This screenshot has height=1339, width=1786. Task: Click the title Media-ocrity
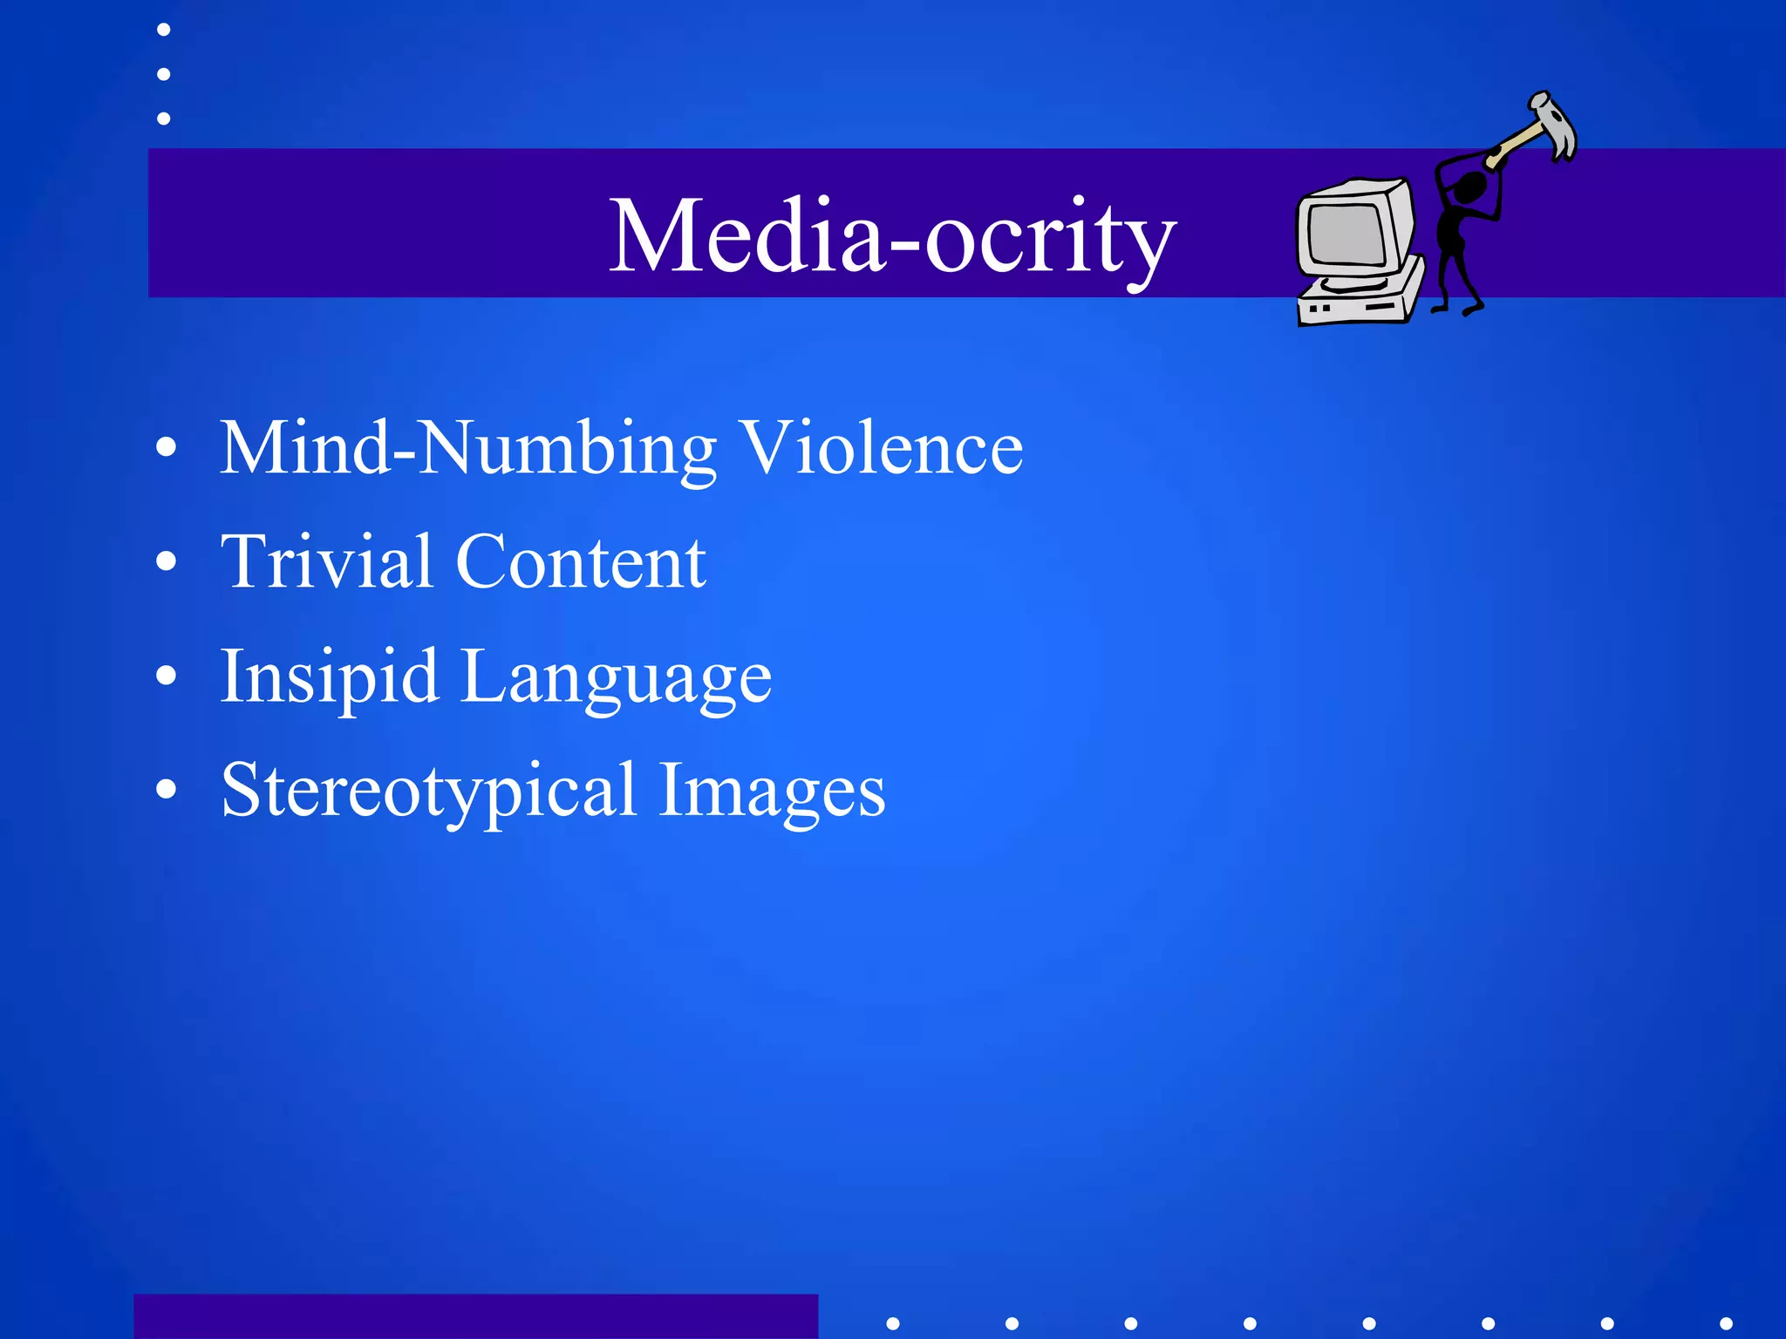[x=892, y=235]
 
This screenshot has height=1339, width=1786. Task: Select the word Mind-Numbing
[x=468, y=449]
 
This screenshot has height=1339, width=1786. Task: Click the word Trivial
[x=327, y=561]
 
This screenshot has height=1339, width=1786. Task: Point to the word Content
[x=581, y=562]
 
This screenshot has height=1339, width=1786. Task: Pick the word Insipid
[x=329, y=678]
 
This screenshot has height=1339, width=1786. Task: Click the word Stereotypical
[x=428, y=792]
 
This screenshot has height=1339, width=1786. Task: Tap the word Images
[x=772, y=792]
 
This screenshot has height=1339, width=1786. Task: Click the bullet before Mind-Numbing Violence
[x=166, y=448]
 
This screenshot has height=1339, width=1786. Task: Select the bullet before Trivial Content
[x=166, y=562]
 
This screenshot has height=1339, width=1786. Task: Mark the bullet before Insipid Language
[x=166, y=676]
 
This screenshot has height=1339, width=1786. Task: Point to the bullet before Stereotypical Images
[x=166, y=790]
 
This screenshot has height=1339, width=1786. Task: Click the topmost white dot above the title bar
[x=163, y=30]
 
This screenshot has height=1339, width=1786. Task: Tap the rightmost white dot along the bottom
[x=1726, y=1323]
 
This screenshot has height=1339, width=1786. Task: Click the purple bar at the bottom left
[x=475, y=1316]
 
